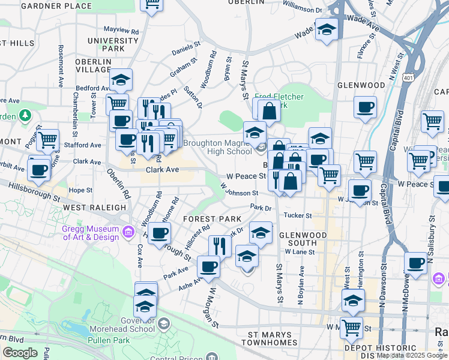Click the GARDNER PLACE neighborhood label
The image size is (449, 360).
(x=57, y=6)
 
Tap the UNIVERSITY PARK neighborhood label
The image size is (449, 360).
(x=113, y=44)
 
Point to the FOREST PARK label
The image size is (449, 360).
(x=212, y=219)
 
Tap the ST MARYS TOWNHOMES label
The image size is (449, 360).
(x=269, y=338)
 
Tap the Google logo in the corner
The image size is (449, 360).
(x=20, y=353)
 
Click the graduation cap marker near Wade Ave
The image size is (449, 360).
(x=326, y=31)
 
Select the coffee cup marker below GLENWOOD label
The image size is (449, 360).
(x=365, y=109)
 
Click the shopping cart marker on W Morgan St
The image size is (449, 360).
(x=351, y=328)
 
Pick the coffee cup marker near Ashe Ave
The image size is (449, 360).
(x=208, y=266)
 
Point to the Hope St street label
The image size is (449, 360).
(x=79, y=190)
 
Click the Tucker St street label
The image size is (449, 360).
(x=298, y=215)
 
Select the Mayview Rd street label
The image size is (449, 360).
(x=121, y=29)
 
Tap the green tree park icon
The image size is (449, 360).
(x=25, y=114)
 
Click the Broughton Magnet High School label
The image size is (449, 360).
(x=217, y=147)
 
